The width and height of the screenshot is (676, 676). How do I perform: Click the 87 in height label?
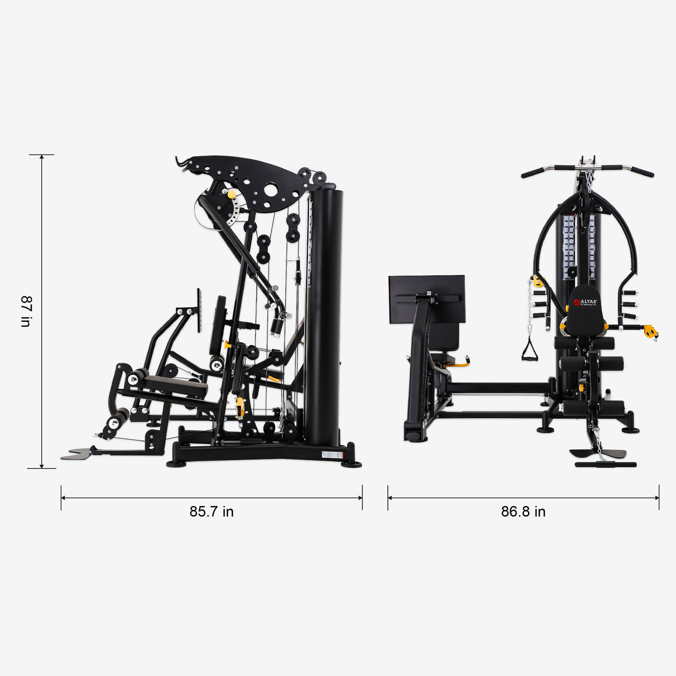point(25,311)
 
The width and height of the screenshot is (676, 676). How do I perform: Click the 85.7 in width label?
point(211,512)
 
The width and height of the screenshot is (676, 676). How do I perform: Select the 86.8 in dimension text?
point(523,512)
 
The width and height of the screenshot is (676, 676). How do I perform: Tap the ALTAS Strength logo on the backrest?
point(585,302)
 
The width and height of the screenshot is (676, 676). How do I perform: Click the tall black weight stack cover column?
point(323,317)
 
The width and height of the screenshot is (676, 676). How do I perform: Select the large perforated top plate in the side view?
point(255,182)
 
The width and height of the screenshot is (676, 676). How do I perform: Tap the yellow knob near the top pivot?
point(231,194)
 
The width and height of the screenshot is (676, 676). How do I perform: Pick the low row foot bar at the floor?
point(598,464)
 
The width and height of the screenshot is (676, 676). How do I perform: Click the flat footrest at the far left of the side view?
point(76,454)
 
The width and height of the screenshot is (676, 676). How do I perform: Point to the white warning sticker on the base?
point(332,455)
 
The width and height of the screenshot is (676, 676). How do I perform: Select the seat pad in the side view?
point(174,385)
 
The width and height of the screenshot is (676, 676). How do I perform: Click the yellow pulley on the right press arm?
point(649,331)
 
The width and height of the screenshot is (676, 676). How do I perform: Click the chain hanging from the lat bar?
point(589,179)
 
